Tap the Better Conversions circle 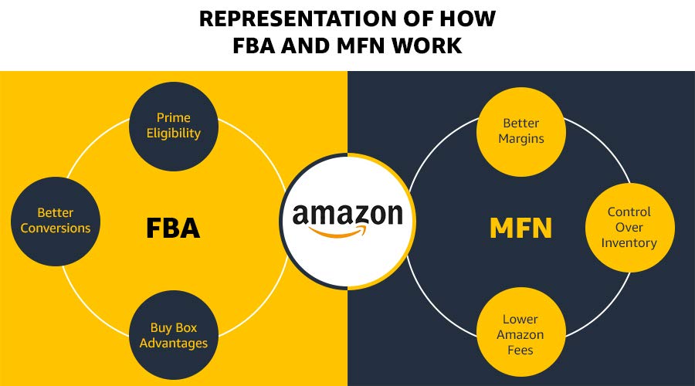56,220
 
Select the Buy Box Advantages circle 174,335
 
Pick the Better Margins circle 521,131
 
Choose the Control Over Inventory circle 629,228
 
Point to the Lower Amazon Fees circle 520,334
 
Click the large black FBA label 173,229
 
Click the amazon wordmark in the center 347,214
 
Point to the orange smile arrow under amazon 347,231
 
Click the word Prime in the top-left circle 174,117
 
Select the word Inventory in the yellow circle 629,242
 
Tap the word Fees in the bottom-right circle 520,350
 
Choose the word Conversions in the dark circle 56,228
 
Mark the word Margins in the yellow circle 521,139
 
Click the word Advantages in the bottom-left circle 174,343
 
